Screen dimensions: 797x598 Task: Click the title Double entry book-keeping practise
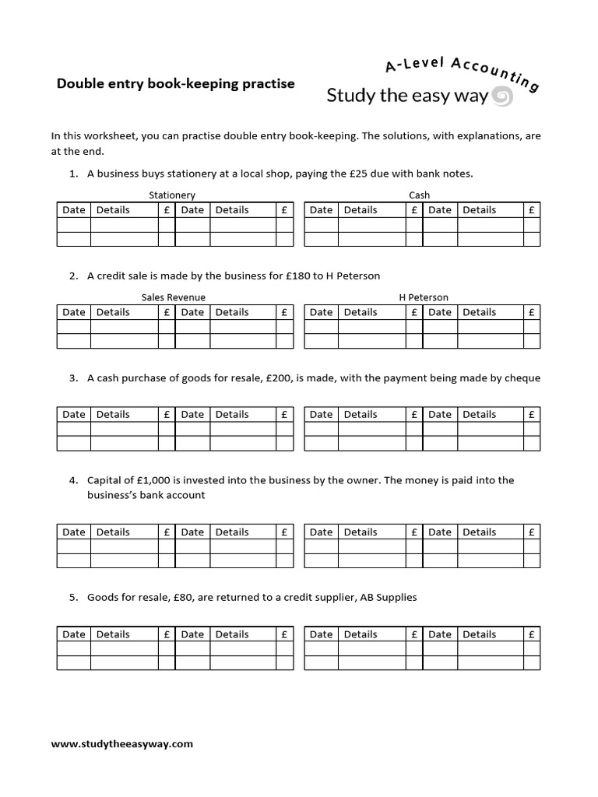[x=175, y=83]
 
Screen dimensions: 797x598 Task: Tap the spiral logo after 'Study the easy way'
[x=503, y=97]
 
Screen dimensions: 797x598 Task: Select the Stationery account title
[x=172, y=195]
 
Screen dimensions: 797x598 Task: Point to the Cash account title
[x=419, y=195]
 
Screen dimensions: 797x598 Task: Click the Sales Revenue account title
[x=174, y=297]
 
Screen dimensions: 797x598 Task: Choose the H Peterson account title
[x=423, y=297]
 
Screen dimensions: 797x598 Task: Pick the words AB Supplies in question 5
[x=388, y=598]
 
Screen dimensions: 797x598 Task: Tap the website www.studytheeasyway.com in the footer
[x=121, y=744]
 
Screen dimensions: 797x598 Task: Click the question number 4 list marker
[x=72, y=480]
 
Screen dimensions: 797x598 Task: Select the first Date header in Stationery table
[x=74, y=210]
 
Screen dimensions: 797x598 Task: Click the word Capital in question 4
[x=104, y=480]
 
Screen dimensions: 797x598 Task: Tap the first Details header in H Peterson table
[x=361, y=312]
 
